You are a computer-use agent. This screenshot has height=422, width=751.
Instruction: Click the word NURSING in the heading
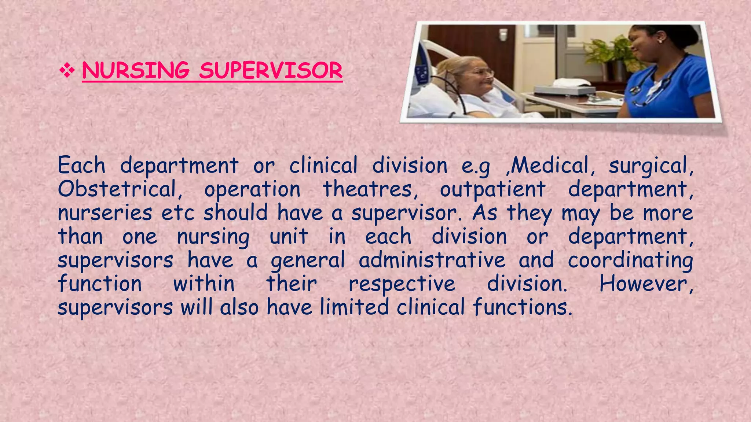pyautogui.click(x=136, y=70)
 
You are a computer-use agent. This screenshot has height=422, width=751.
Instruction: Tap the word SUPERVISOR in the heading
pyautogui.click(x=271, y=70)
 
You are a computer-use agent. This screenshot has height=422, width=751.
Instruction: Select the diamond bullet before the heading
pyautogui.click(x=67, y=70)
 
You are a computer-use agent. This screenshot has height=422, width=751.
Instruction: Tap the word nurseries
pyautogui.click(x=105, y=213)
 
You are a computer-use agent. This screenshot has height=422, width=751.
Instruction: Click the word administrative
pyautogui.click(x=432, y=260)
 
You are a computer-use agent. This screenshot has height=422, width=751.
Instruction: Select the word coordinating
pyautogui.click(x=630, y=261)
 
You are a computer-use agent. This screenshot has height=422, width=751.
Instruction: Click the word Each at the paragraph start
pyautogui.click(x=81, y=166)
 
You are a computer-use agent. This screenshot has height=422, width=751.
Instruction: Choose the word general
pyautogui.click(x=308, y=261)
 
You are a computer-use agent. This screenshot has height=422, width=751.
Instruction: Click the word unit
pyautogui.click(x=289, y=237)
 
